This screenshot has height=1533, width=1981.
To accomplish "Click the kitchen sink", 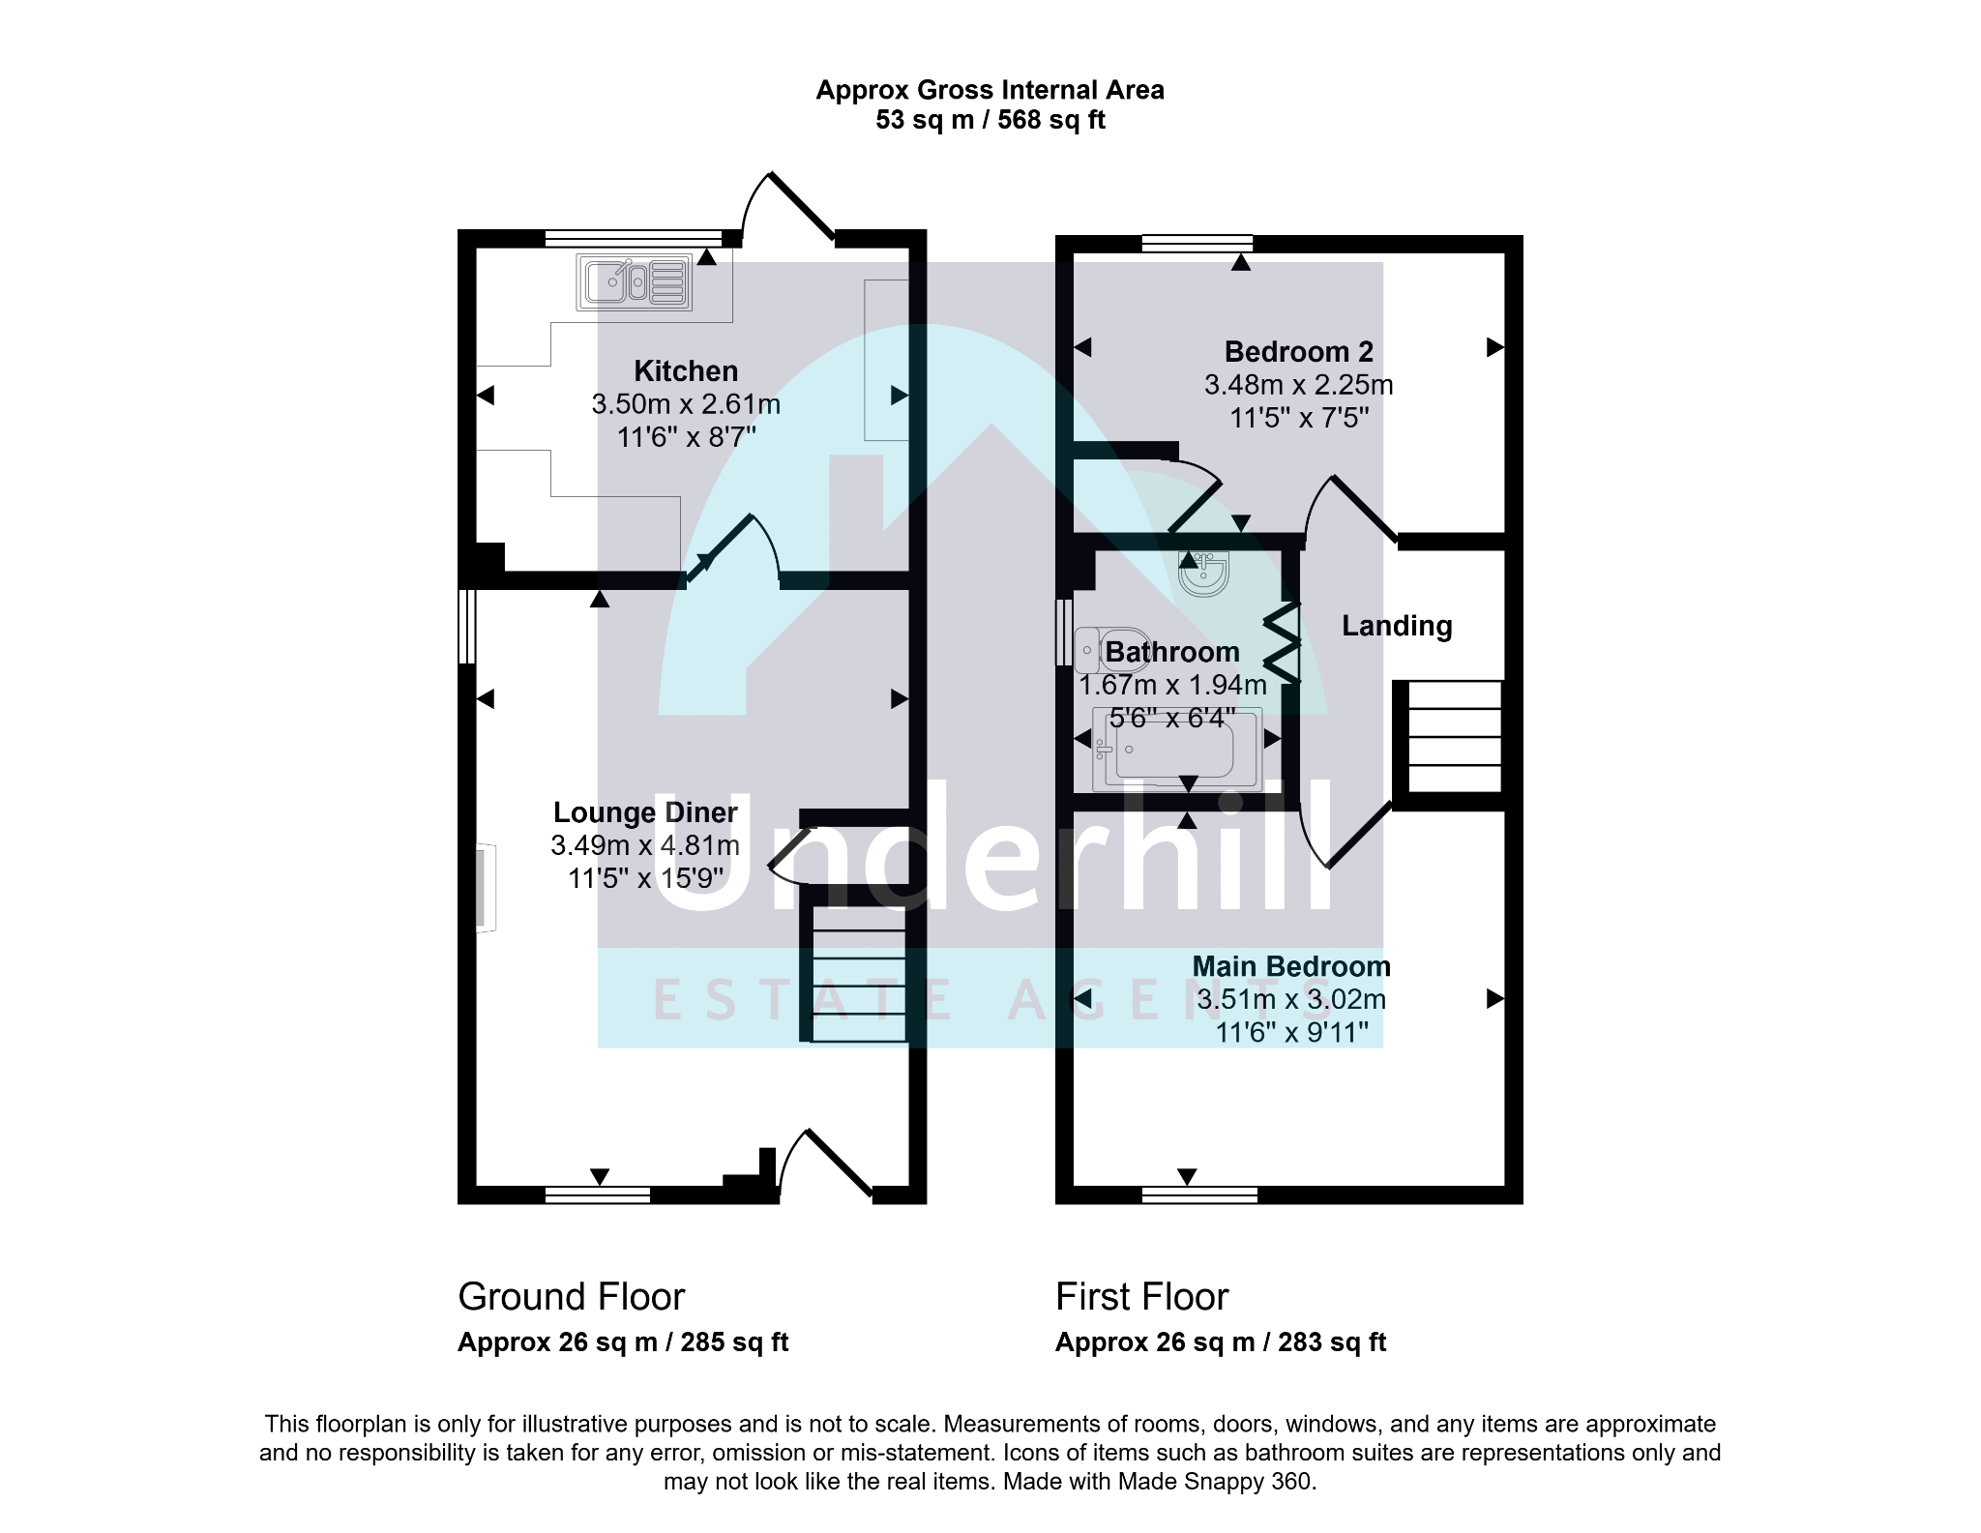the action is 635,282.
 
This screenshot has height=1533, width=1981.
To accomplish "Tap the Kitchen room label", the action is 686,371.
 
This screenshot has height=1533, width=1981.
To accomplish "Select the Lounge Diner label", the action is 645,812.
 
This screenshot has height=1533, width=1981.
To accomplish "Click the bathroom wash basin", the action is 1204,573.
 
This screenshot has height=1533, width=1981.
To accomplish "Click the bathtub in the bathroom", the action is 1177,749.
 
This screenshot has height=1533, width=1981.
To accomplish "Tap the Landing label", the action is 1397,626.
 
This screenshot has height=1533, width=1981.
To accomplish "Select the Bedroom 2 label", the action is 1299,351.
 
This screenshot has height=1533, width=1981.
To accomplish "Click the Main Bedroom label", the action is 1291,966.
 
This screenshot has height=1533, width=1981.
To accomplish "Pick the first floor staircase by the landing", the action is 1454,737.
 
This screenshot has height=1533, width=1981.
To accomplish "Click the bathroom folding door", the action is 1282,642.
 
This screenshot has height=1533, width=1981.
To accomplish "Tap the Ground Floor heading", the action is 571,1297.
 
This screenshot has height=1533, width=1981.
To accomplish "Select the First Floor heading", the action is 1141,1297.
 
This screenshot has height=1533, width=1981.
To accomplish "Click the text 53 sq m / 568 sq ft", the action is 990,120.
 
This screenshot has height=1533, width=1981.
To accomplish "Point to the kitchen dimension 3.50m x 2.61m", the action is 686,404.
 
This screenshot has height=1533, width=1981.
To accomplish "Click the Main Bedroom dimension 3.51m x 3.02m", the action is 1291,999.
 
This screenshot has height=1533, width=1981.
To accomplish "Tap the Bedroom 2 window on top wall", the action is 1197,243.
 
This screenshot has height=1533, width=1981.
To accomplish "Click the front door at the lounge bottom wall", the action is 825,1164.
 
